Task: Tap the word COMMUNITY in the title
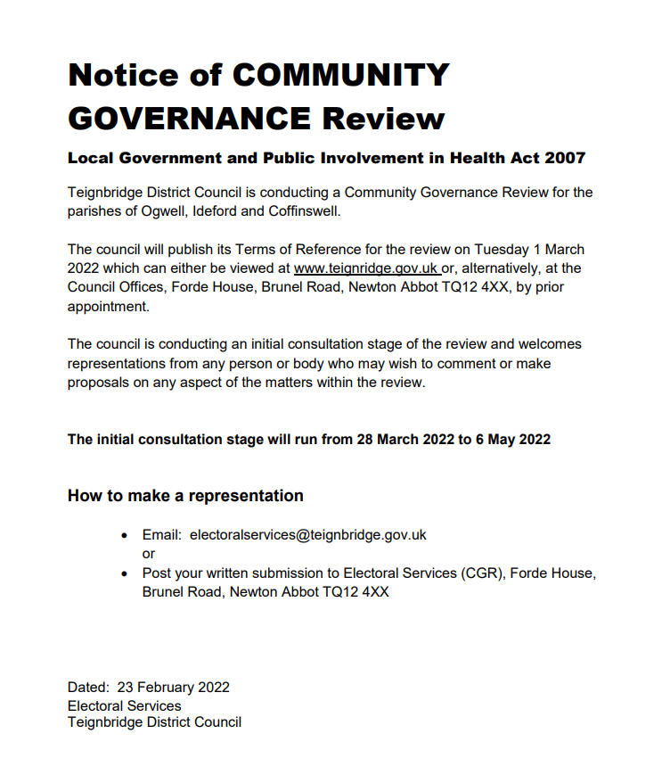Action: click(340, 75)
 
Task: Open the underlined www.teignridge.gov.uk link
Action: click(365, 268)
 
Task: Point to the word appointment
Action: click(109, 305)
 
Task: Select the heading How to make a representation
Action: click(185, 496)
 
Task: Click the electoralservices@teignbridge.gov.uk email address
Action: click(308, 535)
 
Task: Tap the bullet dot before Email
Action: click(124, 536)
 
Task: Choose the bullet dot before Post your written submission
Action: click(124, 573)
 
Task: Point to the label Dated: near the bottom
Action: click(88, 688)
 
